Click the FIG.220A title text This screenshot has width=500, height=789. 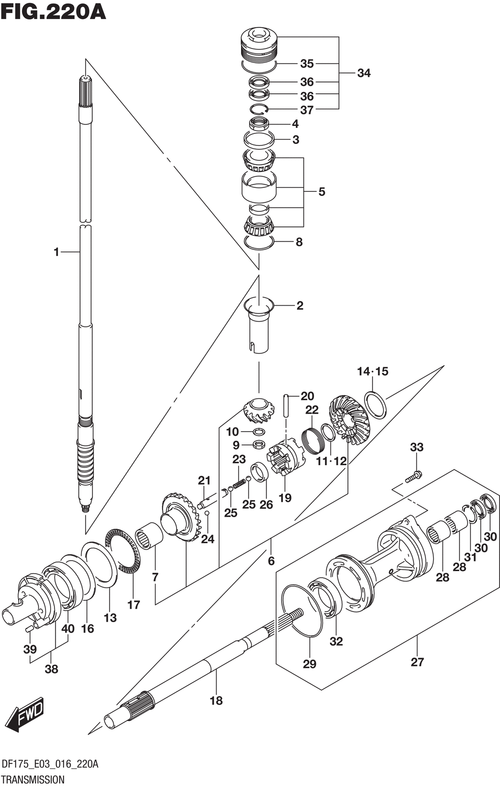(53, 12)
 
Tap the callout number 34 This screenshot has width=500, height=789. (364, 73)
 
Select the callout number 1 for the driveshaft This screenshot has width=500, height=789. (56, 252)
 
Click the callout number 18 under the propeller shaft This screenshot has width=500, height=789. (216, 701)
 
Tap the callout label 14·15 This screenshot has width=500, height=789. (372, 371)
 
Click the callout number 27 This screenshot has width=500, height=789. (417, 662)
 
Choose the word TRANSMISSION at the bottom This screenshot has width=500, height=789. (33, 780)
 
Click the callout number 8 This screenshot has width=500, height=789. (299, 242)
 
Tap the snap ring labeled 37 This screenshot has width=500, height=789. (259, 109)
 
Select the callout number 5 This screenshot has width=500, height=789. (321, 191)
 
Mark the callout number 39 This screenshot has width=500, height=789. (30, 650)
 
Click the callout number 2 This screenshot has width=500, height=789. (299, 305)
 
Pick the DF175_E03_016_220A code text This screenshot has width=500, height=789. (50, 765)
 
